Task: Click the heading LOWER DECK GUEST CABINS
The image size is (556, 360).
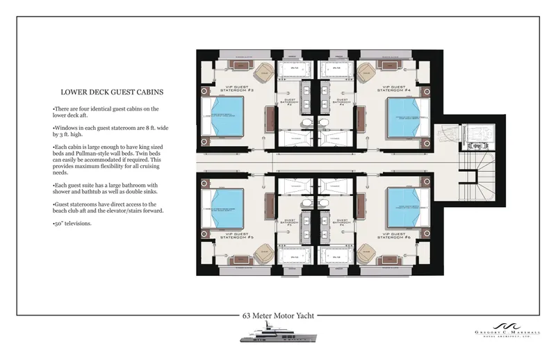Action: [112, 92]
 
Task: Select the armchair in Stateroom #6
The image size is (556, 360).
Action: [366, 252]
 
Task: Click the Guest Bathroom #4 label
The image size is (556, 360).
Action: [341, 101]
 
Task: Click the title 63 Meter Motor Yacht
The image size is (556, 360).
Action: [278, 316]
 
